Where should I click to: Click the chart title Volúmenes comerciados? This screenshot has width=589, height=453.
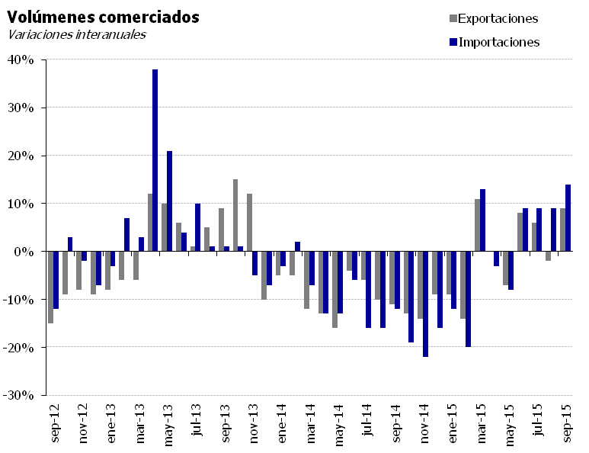click(x=103, y=18)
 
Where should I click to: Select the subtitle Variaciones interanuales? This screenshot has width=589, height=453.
click(x=77, y=34)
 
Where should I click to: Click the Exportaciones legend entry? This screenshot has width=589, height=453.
click(x=494, y=18)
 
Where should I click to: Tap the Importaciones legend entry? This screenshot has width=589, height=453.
click(x=495, y=42)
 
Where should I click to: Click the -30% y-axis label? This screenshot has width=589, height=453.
click(x=18, y=395)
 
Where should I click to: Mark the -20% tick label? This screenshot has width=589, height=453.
click(x=18, y=347)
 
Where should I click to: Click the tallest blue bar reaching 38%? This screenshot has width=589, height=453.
click(x=155, y=160)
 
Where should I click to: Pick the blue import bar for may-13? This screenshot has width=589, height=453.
click(x=169, y=201)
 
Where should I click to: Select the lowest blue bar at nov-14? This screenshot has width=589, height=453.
click(x=425, y=304)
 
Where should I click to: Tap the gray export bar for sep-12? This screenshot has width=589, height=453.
click(x=51, y=288)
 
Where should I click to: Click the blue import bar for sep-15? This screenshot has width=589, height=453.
click(x=568, y=217)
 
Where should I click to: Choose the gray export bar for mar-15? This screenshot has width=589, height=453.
click(x=477, y=225)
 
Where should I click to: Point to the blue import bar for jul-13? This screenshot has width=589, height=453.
click(x=197, y=227)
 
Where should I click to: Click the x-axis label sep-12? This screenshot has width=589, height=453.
click(x=54, y=423)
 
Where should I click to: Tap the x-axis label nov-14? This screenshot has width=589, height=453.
click(x=424, y=423)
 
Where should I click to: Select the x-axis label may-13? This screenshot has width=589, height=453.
click(x=168, y=426)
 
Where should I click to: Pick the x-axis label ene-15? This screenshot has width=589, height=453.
click(x=453, y=423)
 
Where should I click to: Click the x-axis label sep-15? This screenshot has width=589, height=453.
click(x=566, y=423)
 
